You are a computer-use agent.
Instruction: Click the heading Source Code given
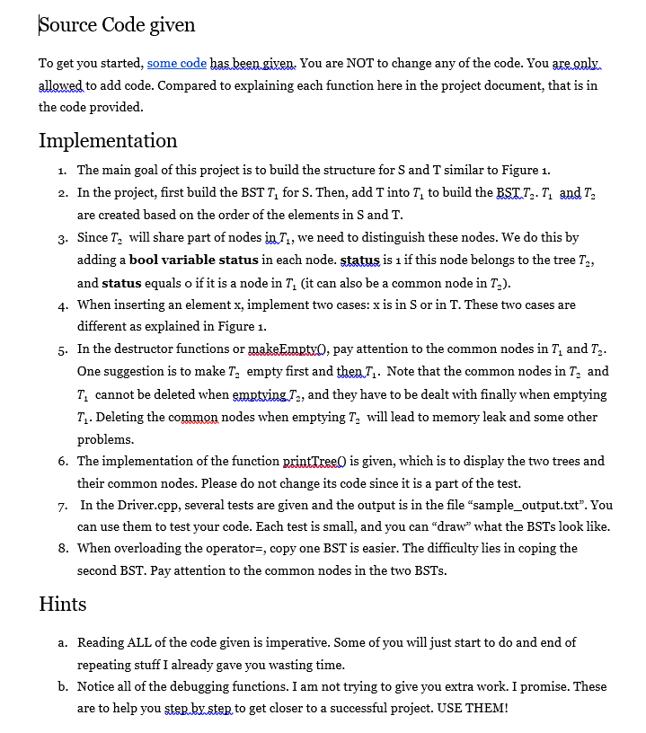117,24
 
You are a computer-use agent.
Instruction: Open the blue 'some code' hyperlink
177,63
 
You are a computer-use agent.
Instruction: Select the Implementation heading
108,140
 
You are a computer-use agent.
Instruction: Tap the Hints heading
63,604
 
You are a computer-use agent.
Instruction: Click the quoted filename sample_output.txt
522,505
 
